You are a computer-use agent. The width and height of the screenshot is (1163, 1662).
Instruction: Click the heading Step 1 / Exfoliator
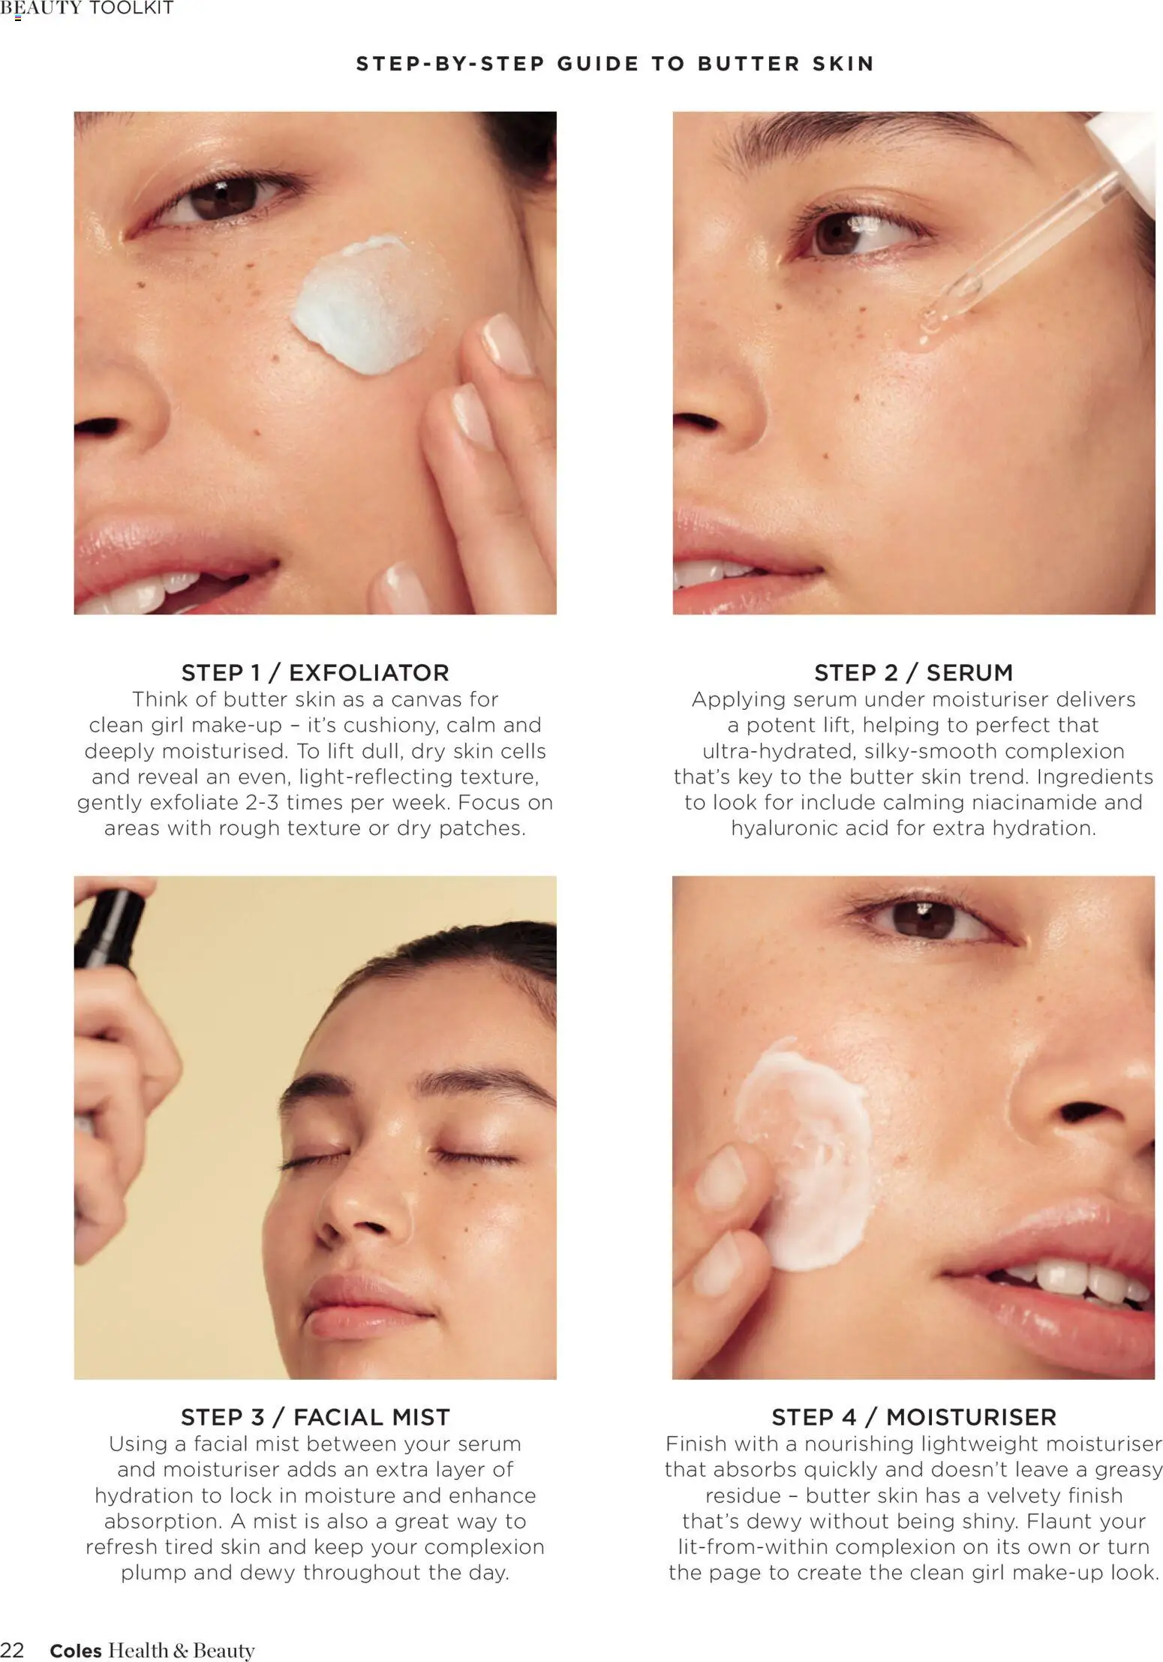point(315,672)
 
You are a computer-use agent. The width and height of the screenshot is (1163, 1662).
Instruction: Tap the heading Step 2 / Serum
point(913,672)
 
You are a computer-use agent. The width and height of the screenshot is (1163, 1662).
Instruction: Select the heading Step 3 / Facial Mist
point(315,1417)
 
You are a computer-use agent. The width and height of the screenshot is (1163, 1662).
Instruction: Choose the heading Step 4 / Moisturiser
point(913,1417)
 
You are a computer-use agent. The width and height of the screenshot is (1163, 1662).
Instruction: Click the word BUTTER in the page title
point(749,64)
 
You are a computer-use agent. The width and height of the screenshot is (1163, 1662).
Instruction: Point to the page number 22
point(12,1650)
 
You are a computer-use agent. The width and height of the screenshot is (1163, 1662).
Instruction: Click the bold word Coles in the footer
point(75,1650)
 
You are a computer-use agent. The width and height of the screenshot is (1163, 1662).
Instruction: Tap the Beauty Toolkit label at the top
point(87,8)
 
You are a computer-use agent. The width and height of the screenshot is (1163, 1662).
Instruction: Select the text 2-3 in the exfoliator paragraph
point(262,802)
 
